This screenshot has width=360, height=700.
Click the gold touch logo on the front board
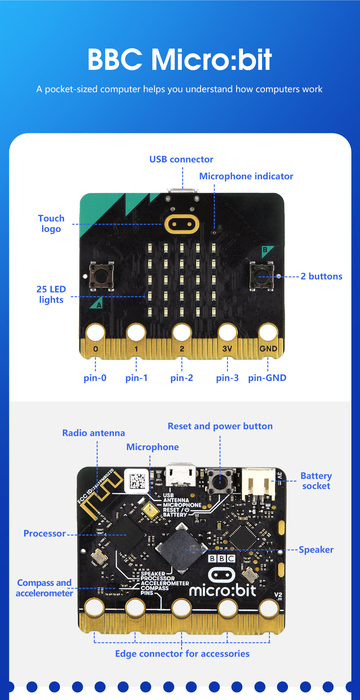[181, 224]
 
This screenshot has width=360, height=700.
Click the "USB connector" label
[181, 159]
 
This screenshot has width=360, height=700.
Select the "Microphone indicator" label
[246, 176]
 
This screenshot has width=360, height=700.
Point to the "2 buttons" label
[321, 276]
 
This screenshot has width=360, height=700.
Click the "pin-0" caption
[95, 378]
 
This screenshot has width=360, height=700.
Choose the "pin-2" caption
[181, 378]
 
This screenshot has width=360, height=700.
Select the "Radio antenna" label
[94, 433]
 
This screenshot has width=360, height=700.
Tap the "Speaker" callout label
[316, 549]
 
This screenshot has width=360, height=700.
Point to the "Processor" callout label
[45, 533]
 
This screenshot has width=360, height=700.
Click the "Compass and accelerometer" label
[44, 588]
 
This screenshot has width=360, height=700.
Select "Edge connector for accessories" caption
[182, 654]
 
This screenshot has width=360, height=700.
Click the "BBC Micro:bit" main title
[179, 59]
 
